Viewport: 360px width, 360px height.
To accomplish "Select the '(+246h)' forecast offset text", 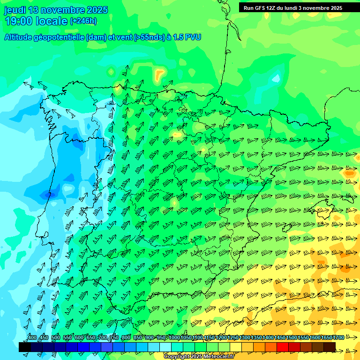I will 83,21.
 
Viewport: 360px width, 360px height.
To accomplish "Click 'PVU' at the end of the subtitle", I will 193,37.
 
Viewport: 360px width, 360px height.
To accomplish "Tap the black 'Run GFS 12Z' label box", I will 293,7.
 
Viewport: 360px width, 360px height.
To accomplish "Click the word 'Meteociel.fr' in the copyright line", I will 217,357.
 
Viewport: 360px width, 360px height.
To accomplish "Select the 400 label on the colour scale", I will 32,338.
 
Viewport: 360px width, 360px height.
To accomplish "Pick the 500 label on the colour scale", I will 55,338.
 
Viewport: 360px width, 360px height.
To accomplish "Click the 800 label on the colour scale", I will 126,338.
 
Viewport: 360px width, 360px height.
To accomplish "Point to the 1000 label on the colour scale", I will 174,338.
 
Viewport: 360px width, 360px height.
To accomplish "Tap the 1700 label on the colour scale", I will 338,338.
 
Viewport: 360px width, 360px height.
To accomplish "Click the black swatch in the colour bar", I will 25,347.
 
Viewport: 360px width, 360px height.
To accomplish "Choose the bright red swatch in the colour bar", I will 283,347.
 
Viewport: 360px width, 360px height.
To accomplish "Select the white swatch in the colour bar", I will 165,347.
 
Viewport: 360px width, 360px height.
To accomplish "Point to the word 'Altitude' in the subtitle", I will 19,37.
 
